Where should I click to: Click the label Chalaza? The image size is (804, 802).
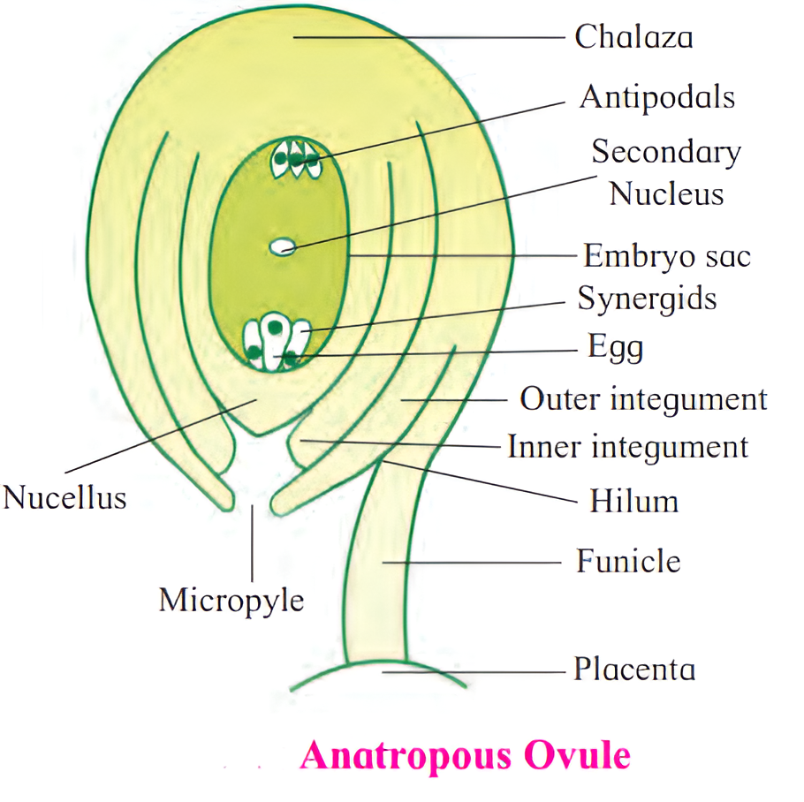(633, 37)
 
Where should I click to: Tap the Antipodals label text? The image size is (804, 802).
(656, 96)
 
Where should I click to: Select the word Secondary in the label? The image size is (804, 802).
(665, 152)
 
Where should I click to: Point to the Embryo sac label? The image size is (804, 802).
(666, 256)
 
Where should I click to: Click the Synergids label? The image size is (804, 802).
(647, 299)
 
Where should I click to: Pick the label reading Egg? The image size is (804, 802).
(615, 347)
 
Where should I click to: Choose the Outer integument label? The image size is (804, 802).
(643, 399)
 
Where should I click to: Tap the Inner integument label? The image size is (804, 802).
(627, 447)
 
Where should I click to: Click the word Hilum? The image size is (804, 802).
(633, 502)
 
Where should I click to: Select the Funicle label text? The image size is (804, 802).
(628, 561)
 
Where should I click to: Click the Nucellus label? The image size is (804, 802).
(64, 497)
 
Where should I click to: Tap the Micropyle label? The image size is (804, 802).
(231, 601)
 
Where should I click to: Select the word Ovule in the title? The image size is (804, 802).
(579, 756)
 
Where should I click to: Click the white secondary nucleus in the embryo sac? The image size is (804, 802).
(282, 246)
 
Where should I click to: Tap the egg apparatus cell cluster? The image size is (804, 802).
(276, 343)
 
